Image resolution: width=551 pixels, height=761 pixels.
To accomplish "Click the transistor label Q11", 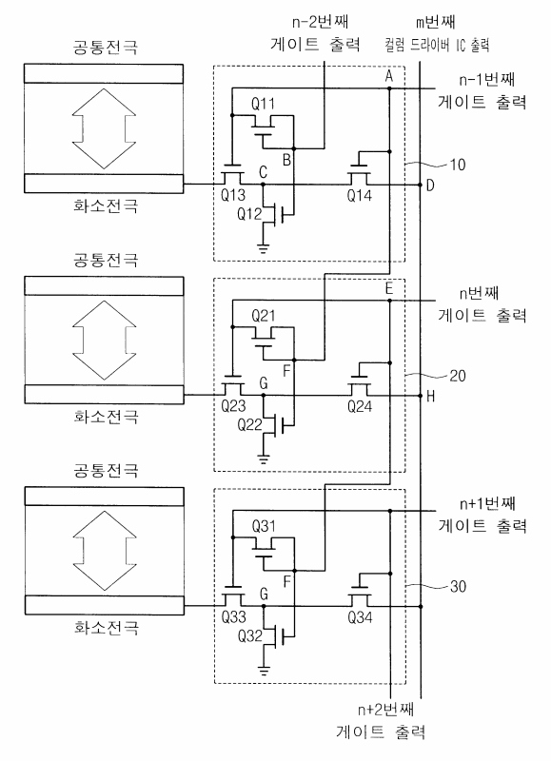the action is [x=263, y=104].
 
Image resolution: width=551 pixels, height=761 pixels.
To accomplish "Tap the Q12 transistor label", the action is [x=249, y=213].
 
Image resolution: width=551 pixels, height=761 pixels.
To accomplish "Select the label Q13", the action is [x=233, y=195].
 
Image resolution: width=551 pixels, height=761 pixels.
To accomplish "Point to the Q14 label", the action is [x=359, y=196].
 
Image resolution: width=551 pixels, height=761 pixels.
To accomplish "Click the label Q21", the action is [x=263, y=317].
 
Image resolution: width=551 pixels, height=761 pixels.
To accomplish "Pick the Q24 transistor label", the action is [x=360, y=406].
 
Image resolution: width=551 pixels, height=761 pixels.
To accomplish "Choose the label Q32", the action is [x=249, y=635].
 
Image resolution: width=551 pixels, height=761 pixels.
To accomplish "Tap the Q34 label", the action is [x=360, y=617].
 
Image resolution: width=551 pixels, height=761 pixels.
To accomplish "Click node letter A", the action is [x=388, y=76].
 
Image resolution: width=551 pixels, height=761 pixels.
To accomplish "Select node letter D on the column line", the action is [x=430, y=185].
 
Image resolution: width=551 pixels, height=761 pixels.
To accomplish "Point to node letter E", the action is [x=389, y=289].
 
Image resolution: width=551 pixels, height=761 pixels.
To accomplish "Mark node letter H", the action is [x=430, y=397].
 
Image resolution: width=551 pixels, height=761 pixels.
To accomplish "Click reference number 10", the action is [x=458, y=165].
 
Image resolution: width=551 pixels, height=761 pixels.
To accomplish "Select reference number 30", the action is [x=458, y=586].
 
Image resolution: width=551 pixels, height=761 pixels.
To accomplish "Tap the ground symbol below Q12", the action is [x=263, y=249].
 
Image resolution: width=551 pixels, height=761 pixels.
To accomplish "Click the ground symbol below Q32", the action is [x=264, y=672].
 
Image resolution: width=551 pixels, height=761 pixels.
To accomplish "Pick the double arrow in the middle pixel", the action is [x=104, y=340].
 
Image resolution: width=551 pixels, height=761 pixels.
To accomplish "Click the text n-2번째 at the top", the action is [x=321, y=21].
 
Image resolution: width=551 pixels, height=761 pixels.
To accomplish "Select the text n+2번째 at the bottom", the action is [x=386, y=710].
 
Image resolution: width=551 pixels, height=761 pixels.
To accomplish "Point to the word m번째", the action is [x=436, y=22].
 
